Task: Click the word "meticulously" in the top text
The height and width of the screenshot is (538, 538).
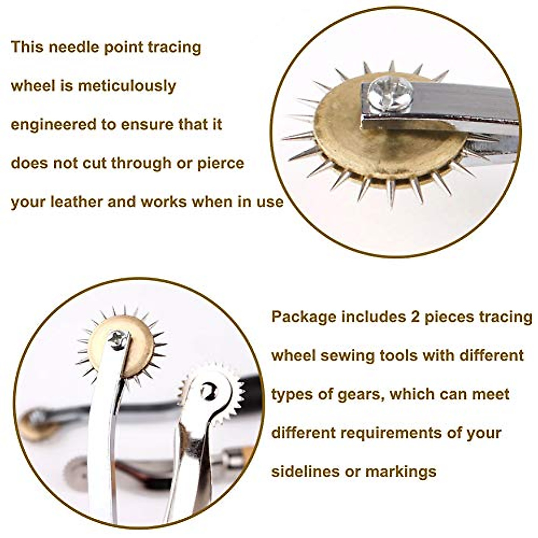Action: pos(127,86)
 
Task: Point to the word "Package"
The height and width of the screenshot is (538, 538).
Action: pos(304,317)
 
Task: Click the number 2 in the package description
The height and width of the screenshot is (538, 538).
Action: pos(415,317)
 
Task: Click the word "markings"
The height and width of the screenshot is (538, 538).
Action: pos(401,472)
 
